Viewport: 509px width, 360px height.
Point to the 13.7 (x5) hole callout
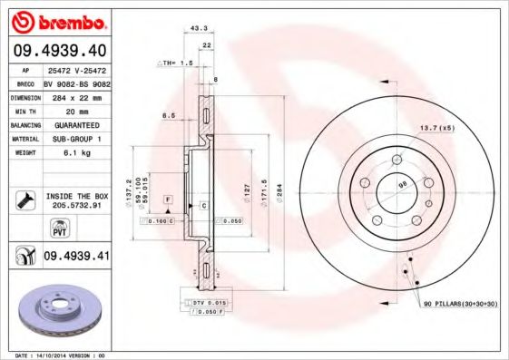click(x=436, y=127)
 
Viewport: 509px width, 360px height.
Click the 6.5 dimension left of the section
click(x=168, y=115)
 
